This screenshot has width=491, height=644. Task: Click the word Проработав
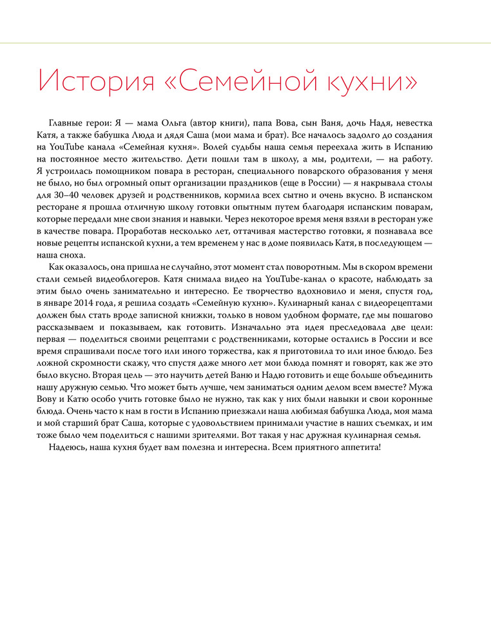coord(142,231)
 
